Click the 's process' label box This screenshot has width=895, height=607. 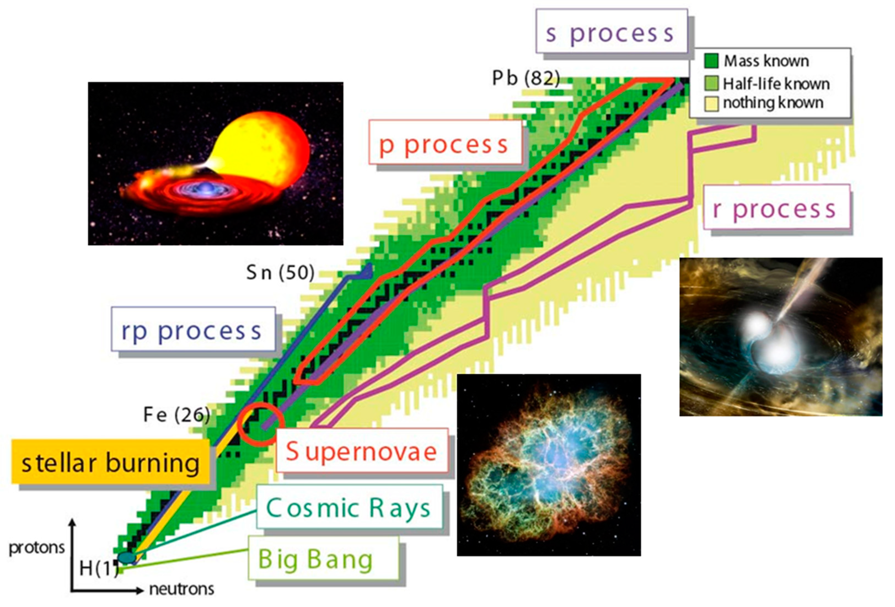coord(612,31)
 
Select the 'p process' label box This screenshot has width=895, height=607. coord(446,142)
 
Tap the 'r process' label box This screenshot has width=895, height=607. coord(777,207)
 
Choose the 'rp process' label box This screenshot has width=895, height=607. coord(193,329)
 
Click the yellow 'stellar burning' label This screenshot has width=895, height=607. coord(111,461)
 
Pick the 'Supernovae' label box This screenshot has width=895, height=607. coord(362,450)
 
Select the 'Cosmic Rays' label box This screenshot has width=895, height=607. coord(349,506)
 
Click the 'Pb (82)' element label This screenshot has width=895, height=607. coord(526,78)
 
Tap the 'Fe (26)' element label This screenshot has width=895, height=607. coord(177,415)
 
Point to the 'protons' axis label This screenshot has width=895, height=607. coord(37,548)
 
